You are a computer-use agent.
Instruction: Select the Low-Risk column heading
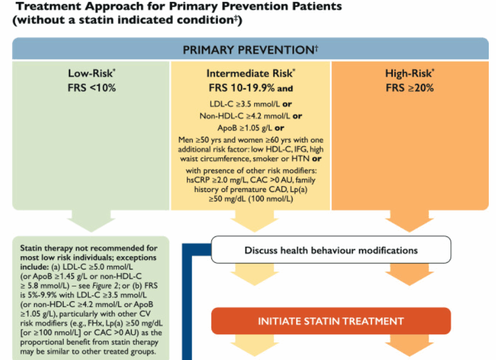click(x=92, y=73)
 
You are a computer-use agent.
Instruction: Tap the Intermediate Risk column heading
click(x=250, y=73)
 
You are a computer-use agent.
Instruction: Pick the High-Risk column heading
click(x=410, y=73)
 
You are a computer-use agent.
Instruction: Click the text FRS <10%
click(x=92, y=88)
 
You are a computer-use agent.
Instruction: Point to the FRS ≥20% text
click(x=410, y=88)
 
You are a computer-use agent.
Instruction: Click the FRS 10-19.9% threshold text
click(x=241, y=88)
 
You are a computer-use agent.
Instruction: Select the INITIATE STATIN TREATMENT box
click(x=331, y=321)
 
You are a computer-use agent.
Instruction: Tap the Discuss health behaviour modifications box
click(x=331, y=250)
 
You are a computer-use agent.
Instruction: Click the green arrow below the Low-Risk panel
click(x=91, y=221)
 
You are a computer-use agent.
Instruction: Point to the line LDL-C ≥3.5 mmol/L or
click(x=250, y=104)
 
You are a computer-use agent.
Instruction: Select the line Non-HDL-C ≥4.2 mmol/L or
click(x=250, y=116)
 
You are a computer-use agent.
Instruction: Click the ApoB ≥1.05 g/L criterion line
click(x=250, y=128)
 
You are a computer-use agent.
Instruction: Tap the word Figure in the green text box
click(x=101, y=286)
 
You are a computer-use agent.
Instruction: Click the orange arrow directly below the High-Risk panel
click(x=410, y=221)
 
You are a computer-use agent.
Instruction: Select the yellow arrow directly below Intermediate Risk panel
click(x=255, y=221)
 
